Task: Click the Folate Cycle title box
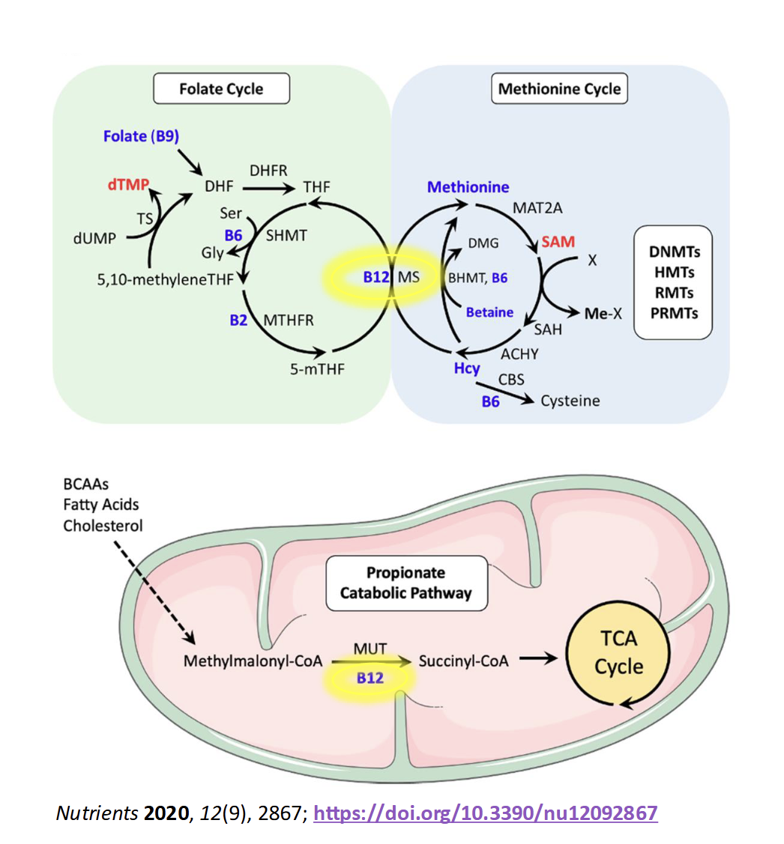point(221,89)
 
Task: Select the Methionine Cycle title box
point(560,89)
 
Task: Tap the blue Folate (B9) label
point(142,136)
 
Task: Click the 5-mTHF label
point(313,368)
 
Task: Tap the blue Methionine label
point(468,187)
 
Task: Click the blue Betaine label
point(489,312)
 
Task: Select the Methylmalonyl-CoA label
point(253,662)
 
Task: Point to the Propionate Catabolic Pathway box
point(405,583)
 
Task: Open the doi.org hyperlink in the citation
point(486,813)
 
